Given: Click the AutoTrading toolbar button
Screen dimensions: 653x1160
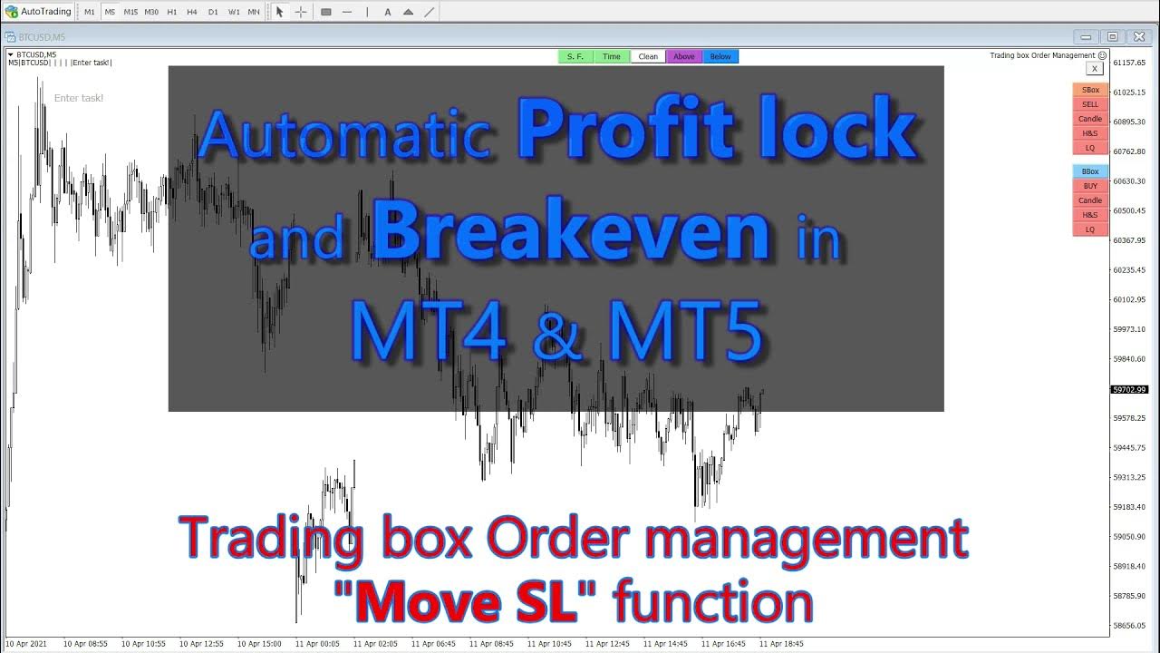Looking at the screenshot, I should pyautogui.click(x=38, y=12).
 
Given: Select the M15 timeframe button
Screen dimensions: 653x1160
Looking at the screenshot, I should pyautogui.click(x=130, y=12).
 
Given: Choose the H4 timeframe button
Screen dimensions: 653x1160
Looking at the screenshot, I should pyautogui.click(x=192, y=12).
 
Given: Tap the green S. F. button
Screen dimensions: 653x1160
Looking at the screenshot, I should pyautogui.click(x=575, y=56).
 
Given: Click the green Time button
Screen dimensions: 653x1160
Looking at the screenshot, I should pyautogui.click(x=612, y=56).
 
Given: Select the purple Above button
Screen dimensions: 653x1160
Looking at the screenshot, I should pyautogui.click(x=684, y=56).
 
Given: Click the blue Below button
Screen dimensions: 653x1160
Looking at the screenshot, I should pyautogui.click(x=720, y=56).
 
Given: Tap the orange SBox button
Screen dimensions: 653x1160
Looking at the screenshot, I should pyautogui.click(x=1090, y=90).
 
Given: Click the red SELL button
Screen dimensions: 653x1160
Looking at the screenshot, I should pyautogui.click(x=1090, y=104).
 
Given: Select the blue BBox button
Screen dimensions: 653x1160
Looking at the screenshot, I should pyautogui.click(x=1090, y=171).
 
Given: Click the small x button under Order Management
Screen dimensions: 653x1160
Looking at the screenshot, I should pyautogui.click(x=1095, y=68).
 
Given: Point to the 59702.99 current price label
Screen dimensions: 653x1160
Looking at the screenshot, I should pyautogui.click(x=1129, y=390).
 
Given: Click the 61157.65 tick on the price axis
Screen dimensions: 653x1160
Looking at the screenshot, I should pyautogui.click(x=1130, y=63).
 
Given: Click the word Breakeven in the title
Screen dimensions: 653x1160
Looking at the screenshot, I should pyautogui.click(x=571, y=233).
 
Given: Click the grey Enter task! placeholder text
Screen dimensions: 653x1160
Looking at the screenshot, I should pyautogui.click(x=79, y=98).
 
